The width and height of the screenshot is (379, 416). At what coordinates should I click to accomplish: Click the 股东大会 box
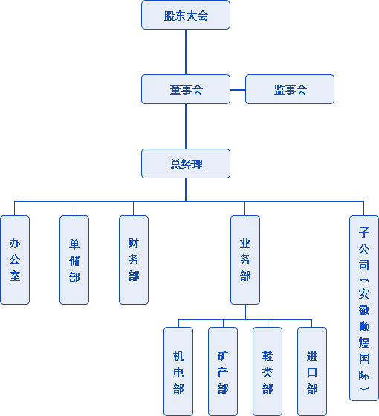[x=186, y=15]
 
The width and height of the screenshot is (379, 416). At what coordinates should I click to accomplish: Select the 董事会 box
[x=186, y=89]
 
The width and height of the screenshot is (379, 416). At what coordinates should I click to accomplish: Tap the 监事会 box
[x=290, y=89]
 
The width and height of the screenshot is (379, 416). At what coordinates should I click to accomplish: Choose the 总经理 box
[x=186, y=163]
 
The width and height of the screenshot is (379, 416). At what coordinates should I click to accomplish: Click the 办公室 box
[x=15, y=260]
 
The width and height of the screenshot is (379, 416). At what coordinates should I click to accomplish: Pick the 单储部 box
[x=74, y=260]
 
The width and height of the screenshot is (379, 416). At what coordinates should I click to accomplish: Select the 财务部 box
[x=134, y=260]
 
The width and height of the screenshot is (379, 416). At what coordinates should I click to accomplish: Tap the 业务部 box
[x=245, y=260]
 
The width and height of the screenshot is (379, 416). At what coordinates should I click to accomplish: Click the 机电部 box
[x=178, y=371]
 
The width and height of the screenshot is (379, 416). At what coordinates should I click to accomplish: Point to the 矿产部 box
[x=223, y=371]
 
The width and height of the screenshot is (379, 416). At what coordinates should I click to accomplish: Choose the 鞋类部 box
[x=268, y=371]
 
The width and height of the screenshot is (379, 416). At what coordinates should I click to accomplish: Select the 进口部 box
[x=312, y=371]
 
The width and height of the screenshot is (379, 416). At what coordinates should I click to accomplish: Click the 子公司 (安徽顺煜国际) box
[x=364, y=308]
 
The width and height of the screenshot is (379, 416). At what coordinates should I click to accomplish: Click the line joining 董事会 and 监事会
[x=238, y=90]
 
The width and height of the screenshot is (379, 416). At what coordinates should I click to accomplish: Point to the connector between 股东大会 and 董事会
[x=186, y=52]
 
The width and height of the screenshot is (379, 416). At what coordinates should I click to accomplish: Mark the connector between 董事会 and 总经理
[x=186, y=126]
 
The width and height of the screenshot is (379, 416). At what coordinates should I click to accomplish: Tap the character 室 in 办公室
[x=15, y=276]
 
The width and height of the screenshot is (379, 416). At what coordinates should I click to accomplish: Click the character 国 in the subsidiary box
[x=364, y=359]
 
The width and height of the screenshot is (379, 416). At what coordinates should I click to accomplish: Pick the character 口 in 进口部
[x=312, y=372]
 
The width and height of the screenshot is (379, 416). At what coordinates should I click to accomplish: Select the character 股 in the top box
[x=169, y=16]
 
